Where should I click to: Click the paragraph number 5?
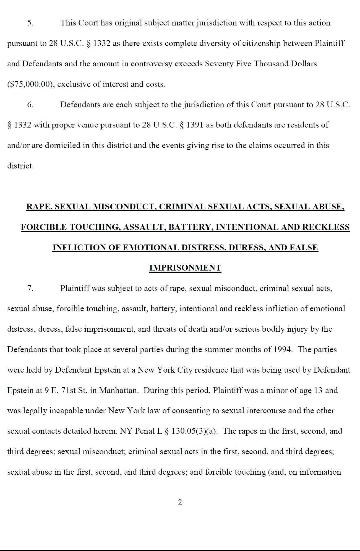click(30, 23)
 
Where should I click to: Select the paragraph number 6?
click(30, 105)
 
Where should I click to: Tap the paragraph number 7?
click(30, 289)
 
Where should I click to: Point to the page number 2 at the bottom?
click(180, 502)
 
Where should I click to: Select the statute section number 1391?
click(195, 125)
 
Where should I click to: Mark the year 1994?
click(282, 350)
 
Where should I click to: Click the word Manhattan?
click(119, 391)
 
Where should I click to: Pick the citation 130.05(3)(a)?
click(194, 431)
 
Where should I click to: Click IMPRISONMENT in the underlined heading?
click(185, 268)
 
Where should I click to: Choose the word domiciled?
click(62, 145)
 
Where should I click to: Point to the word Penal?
click(145, 431)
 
